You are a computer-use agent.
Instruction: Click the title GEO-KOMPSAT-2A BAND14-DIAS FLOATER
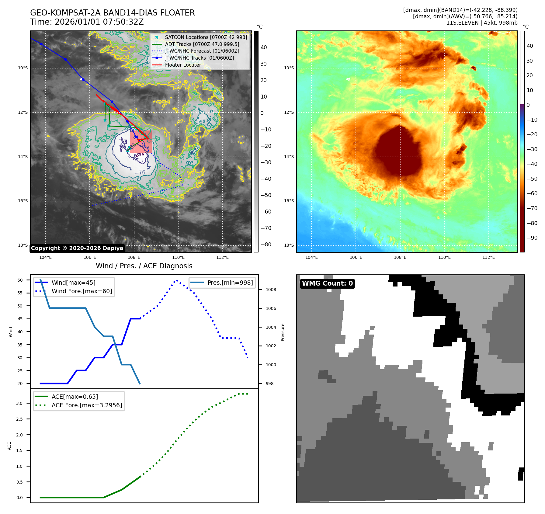(112, 13)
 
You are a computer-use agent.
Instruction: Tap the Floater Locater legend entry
(183, 65)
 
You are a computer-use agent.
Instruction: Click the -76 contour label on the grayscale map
(140, 172)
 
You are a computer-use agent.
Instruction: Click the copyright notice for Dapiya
(77, 248)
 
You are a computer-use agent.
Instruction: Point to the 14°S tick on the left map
(23, 157)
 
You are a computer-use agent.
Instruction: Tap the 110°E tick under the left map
(178, 257)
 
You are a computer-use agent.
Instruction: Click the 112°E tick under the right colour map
(488, 257)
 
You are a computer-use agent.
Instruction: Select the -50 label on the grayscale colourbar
(266, 195)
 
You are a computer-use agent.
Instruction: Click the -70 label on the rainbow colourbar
(532, 208)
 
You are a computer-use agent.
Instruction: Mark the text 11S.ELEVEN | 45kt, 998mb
(482, 23)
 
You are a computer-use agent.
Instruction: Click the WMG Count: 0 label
(327, 283)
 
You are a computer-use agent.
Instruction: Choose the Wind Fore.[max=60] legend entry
(82, 291)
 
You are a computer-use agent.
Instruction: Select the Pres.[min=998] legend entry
(230, 283)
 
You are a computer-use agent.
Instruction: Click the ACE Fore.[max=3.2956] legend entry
(87, 405)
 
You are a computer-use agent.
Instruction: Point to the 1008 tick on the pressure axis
(271, 290)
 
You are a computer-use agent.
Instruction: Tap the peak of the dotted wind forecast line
(176, 280)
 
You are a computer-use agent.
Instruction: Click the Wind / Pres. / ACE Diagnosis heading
(144, 266)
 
